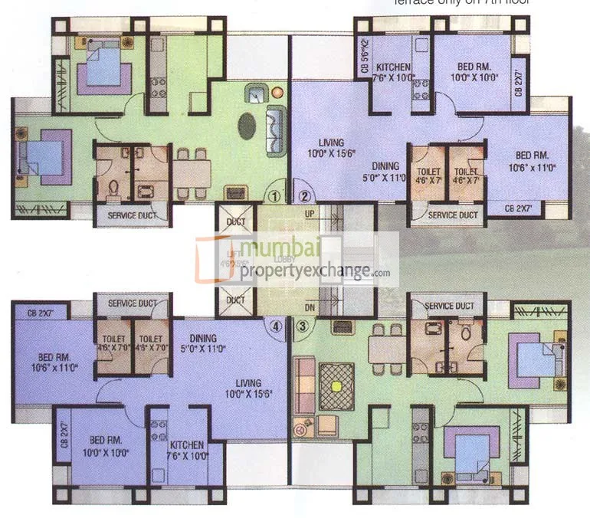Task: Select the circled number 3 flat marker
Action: (303, 326)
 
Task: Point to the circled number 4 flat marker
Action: (275, 326)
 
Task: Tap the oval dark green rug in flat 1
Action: (247, 126)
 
